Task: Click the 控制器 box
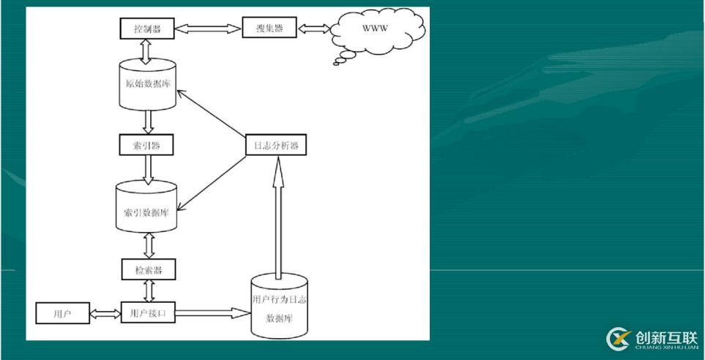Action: tap(147, 29)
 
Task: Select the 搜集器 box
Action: tap(270, 29)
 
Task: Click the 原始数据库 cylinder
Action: tap(147, 85)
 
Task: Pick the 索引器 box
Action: tap(147, 144)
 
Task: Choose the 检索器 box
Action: tap(149, 270)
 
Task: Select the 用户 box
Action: tap(62, 314)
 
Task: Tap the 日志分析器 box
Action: tap(275, 146)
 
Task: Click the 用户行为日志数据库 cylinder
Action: tap(279, 305)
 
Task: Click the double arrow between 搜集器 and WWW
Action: tap(313, 29)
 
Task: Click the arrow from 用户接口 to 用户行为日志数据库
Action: tap(213, 313)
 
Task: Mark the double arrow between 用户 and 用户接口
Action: tap(104, 314)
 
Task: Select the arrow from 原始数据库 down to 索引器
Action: tap(148, 121)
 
